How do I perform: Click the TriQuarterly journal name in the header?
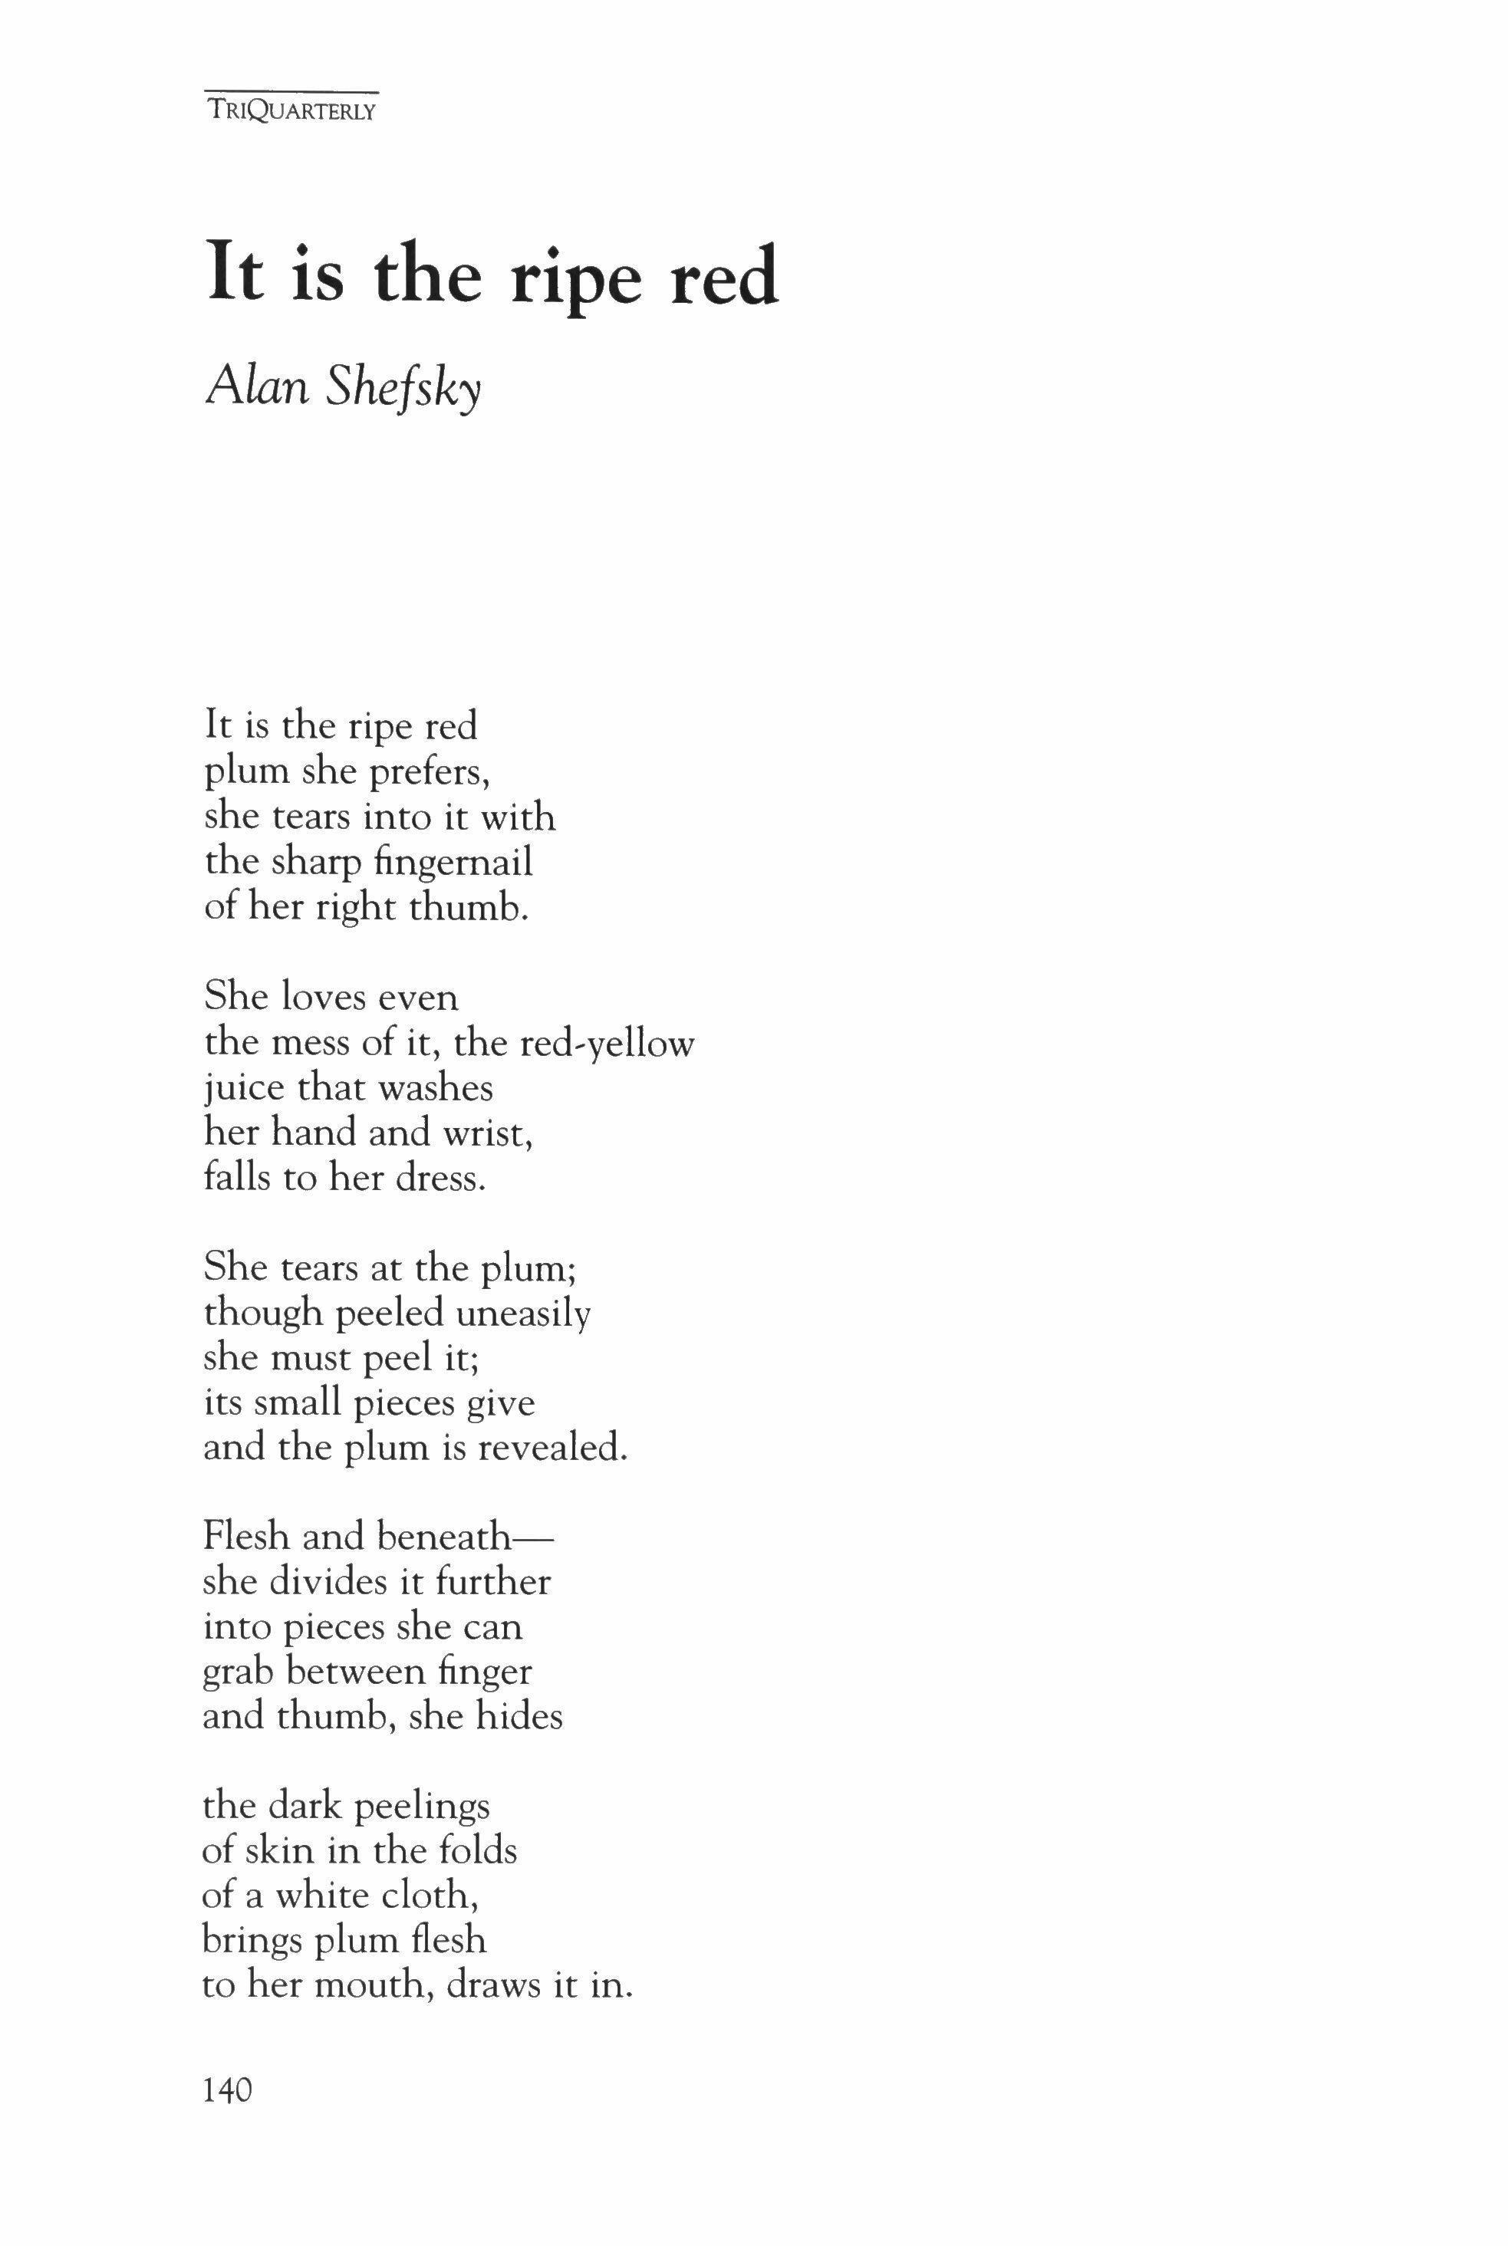tap(291, 110)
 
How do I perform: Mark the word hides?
tap(519, 1716)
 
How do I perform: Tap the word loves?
tap(322, 997)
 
